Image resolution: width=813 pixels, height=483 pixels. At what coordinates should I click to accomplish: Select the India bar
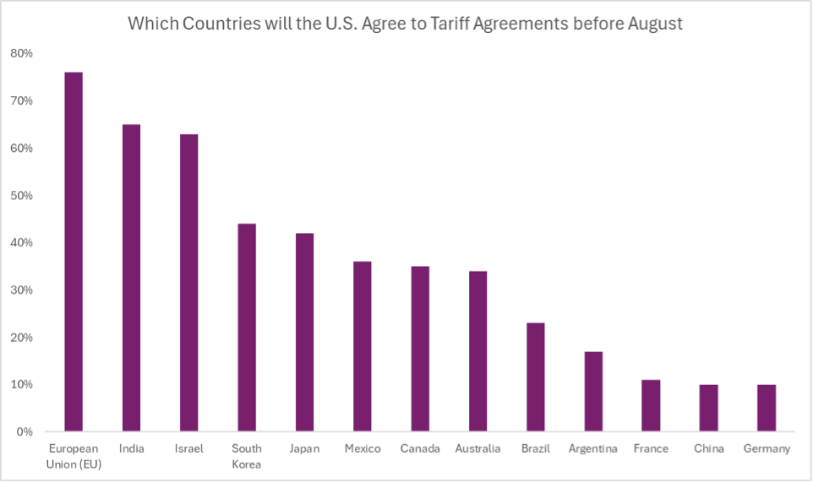click(x=131, y=278)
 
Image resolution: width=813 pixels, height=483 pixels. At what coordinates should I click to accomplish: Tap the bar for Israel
click(x=188, y=283)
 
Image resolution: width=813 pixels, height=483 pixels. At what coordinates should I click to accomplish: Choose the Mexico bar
click(x=362, y=346)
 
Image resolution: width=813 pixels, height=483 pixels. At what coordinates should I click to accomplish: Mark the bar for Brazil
click(x=535, y=377)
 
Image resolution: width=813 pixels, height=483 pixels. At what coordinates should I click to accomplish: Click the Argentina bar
click(x=593, y=391)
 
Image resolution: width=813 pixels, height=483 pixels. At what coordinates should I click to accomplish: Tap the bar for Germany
click(x=767, y=408)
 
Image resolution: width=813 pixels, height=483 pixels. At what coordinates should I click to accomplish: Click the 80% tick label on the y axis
click(x=21, y=53)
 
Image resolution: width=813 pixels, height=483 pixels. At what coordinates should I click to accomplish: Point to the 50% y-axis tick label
click(x=21, y=195)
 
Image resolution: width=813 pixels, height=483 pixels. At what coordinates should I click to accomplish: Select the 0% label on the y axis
click(x=24, y=431)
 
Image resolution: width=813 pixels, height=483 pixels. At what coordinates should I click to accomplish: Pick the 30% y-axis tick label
click(x=21, y=290)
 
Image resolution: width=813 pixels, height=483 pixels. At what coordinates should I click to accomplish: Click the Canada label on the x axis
click(x=420, y=448)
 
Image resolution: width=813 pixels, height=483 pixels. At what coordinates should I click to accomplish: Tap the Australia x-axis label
click(x=477, y=448)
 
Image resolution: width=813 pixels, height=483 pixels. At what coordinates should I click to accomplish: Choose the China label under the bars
click(x=708, y=448)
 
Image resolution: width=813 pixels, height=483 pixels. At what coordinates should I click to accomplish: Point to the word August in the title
click(x=655, y=24)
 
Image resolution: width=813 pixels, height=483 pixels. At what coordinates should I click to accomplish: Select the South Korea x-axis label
click(x=247, y=456)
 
